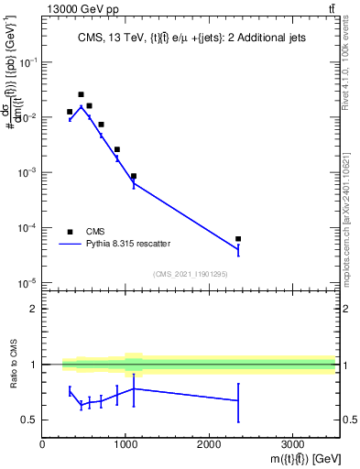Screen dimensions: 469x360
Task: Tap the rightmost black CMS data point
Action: coord(238,239)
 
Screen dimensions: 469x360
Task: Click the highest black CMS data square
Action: coord(81,94)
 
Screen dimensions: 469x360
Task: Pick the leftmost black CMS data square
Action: coord(70,112)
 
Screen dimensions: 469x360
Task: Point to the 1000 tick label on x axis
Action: coord(125,445)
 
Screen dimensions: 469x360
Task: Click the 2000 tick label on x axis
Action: coord(209,445)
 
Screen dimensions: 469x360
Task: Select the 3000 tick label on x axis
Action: coord(292,445)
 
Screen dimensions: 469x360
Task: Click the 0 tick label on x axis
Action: coord(43,445)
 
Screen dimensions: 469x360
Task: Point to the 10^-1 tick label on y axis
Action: coord(27,62)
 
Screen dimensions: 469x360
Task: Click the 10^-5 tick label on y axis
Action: coord(27,282)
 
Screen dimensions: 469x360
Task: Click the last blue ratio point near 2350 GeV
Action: coord(238,400)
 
